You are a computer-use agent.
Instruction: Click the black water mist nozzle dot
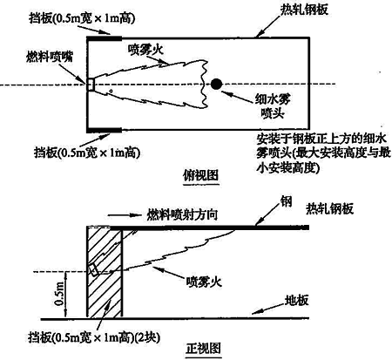(216, 84)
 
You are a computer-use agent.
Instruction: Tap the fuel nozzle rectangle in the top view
(91, 85)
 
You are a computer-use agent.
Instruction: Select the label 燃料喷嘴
(50, 57)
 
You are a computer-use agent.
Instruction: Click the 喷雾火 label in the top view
(146, 50)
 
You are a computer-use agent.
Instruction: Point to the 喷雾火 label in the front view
(204, 282)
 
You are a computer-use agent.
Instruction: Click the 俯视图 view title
(200, 175)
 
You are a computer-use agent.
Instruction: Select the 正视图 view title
(203, 348)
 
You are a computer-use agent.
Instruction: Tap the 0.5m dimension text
(59, 294)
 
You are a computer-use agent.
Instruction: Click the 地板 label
(296, 301)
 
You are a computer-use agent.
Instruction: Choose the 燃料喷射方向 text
(182, 215)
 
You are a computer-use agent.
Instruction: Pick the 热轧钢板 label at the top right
(304, 10)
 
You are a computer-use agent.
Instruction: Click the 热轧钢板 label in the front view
(329, 208)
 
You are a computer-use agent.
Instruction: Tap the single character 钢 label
(286, 201)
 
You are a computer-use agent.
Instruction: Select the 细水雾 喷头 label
(273, 106)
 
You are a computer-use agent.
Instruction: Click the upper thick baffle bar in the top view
(105, 38)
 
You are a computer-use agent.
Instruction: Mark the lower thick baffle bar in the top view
(105, 130)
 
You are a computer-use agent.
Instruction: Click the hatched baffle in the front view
(105, 272)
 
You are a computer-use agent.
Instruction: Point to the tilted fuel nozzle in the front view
(93, 270)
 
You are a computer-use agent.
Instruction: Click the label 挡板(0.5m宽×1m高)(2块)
(94, 337)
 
